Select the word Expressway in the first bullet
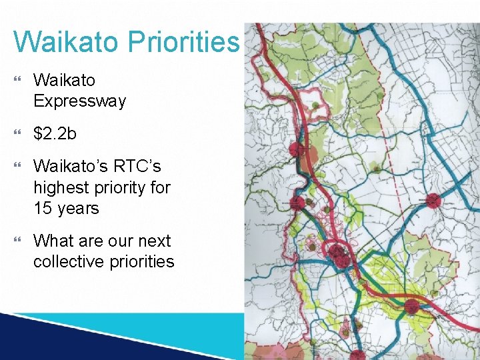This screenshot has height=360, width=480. click(79, 101)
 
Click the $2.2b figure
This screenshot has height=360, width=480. click(55, 133)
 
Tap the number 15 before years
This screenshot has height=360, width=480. click(43, 208)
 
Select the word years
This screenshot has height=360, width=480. click(77, 209)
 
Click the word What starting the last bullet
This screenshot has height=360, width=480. click(54, 241)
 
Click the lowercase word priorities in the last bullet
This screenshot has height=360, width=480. click(141, 262)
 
